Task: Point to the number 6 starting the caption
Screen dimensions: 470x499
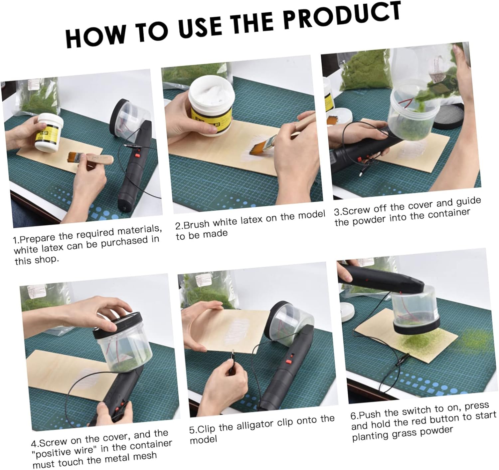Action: coord(353,416)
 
